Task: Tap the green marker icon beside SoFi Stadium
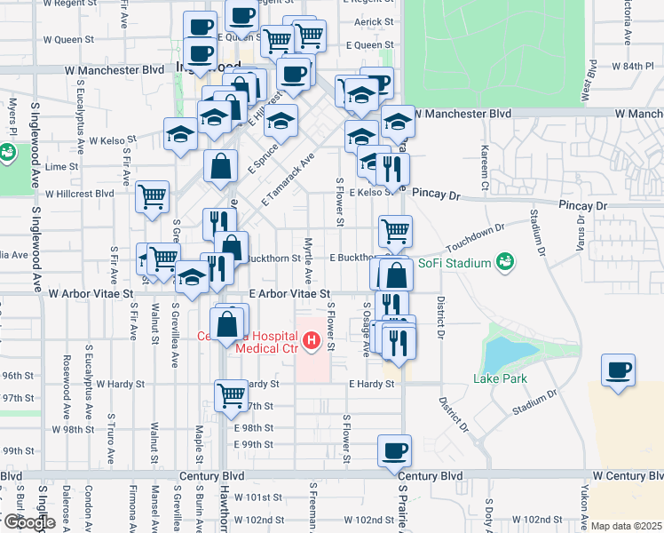click(x=505, y=262)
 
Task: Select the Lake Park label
click(x=501, y=378)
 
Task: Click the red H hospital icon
click(x=311, y=339)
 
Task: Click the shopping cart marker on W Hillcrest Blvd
click(x=153, y=196)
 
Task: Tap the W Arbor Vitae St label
click(x=91, y=292)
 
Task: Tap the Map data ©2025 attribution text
click(x=626, y=526)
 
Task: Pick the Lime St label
click(x=62, y=166)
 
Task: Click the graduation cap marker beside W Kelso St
click(x=180, y=134)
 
